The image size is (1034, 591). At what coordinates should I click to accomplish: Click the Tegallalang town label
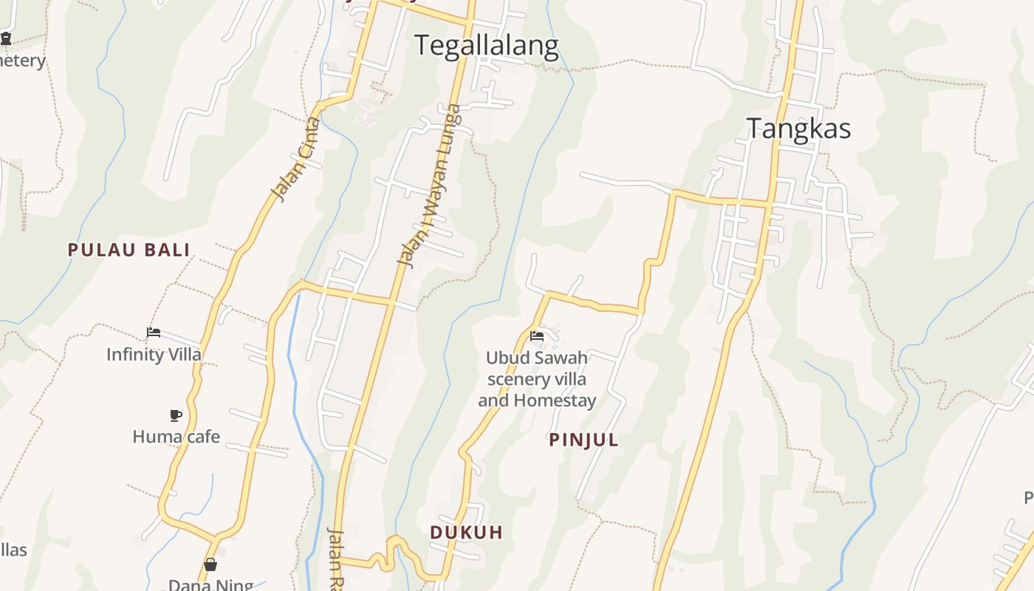486,46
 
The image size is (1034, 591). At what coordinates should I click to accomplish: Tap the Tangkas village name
798,129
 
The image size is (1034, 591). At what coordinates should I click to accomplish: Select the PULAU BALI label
129,250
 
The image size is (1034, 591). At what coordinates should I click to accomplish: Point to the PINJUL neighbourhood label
583,440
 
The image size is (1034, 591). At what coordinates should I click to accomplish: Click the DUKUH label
466,532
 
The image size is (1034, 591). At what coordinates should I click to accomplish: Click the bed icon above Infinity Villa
154,332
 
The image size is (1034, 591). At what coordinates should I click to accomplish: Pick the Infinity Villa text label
154,355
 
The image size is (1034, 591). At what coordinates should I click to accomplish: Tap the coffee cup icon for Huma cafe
175,415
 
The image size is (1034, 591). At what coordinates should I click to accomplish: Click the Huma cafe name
176,437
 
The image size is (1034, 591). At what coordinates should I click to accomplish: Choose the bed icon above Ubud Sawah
537,336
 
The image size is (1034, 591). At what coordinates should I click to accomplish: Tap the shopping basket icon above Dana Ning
210,565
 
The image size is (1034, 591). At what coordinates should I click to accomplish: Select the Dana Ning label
210,585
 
